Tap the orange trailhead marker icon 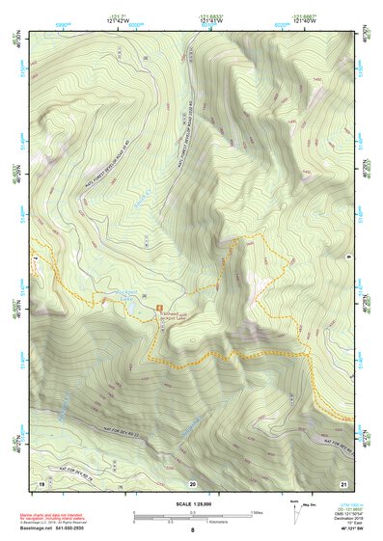[x=160, y=308]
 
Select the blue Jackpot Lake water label [x=126, y=300]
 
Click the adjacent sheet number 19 [x=41, y=481]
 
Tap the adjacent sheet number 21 [x=342, y=481]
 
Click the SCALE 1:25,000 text [x=192, y=504]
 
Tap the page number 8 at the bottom [x=192, y=531]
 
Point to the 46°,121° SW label [x=345, y=528]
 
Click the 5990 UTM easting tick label [x=63, y=22]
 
